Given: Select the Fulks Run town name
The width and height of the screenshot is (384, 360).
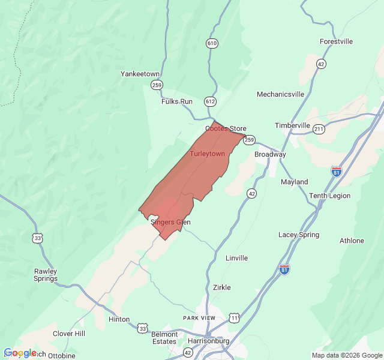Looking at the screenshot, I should pos(177,101).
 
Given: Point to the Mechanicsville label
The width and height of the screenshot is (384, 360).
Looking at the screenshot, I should pos(280,94).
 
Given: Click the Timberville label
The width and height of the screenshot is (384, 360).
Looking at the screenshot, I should pos(292,125).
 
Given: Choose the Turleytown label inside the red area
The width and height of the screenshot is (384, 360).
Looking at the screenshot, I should pos(208,154).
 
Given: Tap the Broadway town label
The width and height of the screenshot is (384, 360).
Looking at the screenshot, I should pos(270,154).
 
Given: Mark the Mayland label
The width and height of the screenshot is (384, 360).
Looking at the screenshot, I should pos(294,182).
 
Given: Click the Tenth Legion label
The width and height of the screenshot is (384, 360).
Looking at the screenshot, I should pos(329,196).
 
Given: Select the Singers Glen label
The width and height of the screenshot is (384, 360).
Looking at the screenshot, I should pos(170,222).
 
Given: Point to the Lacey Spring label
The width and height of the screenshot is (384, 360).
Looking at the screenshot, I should pos(299,235).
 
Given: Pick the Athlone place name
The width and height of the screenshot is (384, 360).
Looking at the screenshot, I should pos(352,241).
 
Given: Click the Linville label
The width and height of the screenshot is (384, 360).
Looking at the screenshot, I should pos(236,258).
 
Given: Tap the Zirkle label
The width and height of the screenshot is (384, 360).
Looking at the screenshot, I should pos(221,287).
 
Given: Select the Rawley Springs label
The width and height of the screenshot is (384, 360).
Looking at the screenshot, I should pos(46,275).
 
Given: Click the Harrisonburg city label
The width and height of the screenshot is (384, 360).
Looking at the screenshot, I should pos(208,341).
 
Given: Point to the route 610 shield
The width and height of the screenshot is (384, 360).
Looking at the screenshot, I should pos(211,43).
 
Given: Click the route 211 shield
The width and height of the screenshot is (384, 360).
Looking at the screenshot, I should pos(319,129).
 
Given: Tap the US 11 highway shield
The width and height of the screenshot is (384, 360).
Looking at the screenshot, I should pos(234,317).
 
